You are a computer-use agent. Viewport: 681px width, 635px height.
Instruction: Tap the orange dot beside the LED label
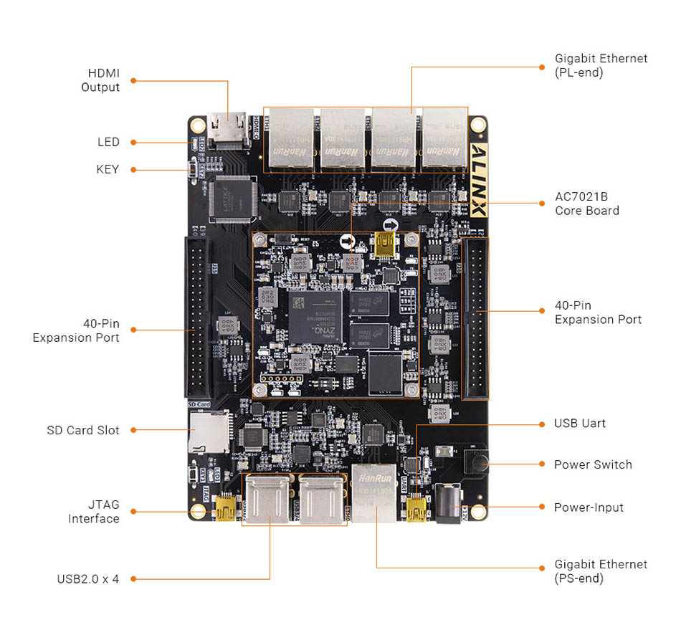[133, 142]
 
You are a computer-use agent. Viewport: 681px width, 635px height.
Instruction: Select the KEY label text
[108, 169]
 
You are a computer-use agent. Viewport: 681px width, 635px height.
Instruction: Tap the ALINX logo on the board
[478, 179]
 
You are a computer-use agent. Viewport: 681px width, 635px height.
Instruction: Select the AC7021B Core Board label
[586, 203]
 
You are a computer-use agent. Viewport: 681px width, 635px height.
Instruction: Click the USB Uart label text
[579, 424]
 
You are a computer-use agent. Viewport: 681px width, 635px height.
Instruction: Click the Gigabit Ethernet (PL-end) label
[601, 65]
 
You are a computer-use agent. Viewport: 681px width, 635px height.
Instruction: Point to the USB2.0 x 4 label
[87, 578]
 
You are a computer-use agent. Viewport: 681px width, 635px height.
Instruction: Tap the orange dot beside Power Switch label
[542, 464]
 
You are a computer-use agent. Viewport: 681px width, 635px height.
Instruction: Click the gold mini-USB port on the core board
[386, 244]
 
